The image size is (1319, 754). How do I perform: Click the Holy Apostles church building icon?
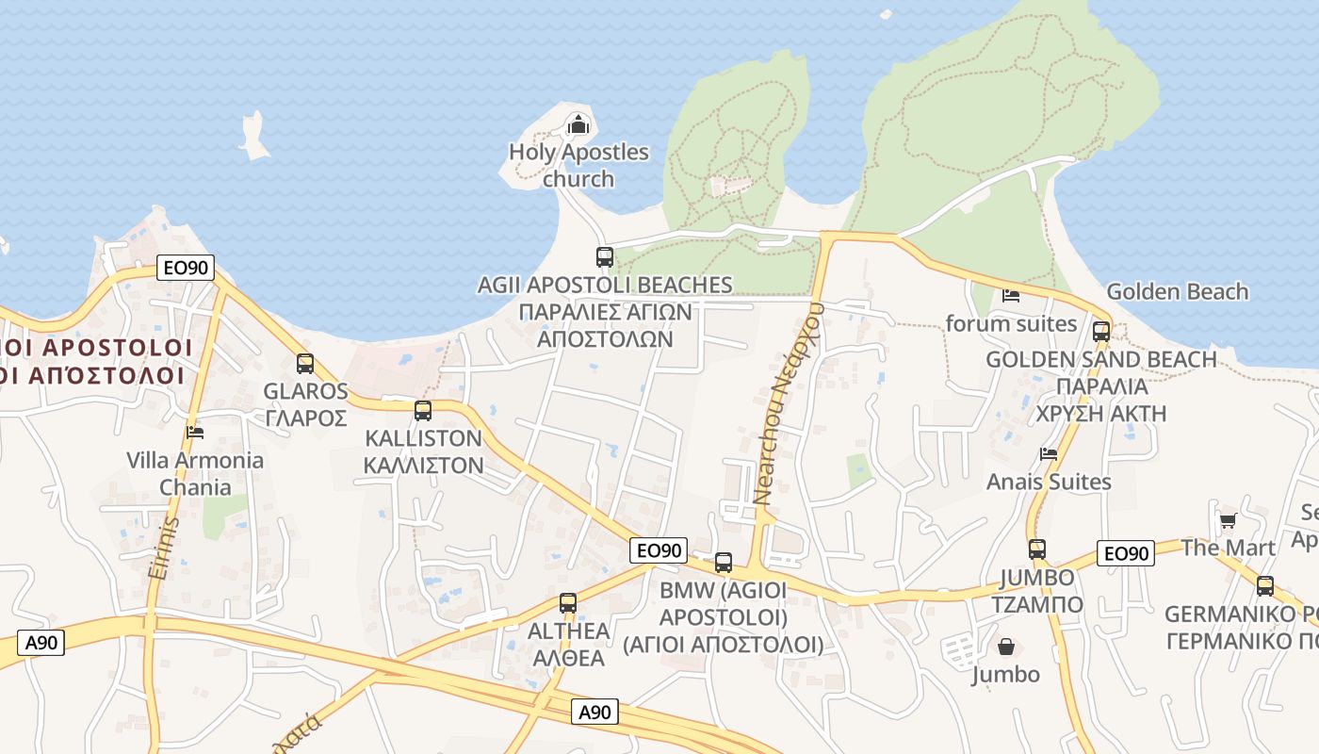click(578, 124)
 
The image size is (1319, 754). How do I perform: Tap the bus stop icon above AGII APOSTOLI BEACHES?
click(605, 256)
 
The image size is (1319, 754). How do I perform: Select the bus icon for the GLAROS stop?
click(305, 364)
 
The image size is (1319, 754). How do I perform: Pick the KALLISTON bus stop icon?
click(423, 411)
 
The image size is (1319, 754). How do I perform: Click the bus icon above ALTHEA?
click(567, 603)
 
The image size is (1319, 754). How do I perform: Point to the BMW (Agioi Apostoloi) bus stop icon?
click(724, 563)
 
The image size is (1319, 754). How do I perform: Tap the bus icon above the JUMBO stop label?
click(1037, 549)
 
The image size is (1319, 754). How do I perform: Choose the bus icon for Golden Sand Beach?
click(1100, 332)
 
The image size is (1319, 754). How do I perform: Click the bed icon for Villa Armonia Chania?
click(195, 433)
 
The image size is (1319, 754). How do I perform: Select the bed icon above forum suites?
click(1011, 296)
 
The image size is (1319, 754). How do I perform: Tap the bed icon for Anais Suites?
click(1048, 454)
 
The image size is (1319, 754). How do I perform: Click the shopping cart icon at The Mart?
click(1228, 520)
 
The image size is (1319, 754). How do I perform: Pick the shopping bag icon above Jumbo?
click(1006, 647)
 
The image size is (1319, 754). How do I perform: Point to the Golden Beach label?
click(1177, 292)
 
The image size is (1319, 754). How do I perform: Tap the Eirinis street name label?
click(170, 547)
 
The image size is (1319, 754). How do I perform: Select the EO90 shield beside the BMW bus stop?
click(659, 550)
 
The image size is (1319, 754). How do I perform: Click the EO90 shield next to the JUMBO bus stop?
click(1125, 553)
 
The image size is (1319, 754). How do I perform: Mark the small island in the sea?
click(253, 135)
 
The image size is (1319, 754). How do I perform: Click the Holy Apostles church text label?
click(578, 165)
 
